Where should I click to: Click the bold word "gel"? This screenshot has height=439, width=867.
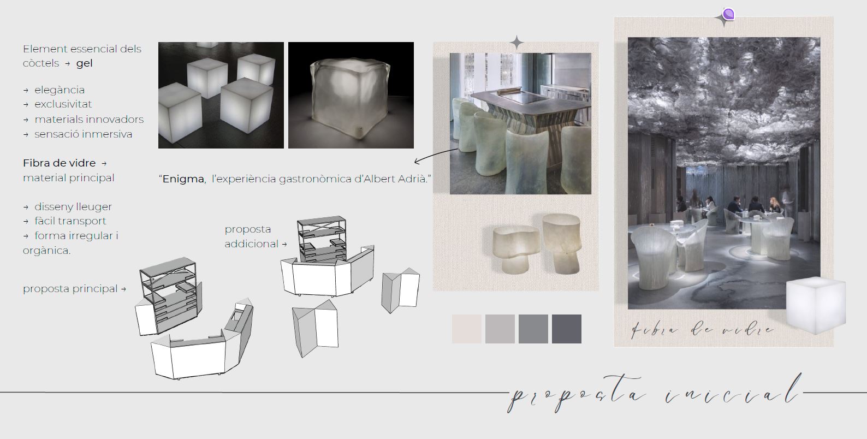85,63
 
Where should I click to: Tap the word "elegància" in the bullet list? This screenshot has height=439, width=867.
60,90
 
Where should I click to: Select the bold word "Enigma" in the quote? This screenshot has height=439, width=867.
183,179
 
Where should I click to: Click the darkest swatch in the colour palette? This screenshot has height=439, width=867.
567,329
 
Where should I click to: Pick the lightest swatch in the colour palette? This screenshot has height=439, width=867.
467,329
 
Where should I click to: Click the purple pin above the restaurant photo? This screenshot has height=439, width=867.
728,14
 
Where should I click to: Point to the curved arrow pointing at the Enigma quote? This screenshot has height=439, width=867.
436,155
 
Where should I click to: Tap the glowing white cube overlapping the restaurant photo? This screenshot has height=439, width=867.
816,305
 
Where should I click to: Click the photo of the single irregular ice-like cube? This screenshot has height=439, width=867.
351,95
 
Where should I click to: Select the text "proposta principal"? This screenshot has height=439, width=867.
70,289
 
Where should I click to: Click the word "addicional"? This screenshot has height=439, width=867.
252,244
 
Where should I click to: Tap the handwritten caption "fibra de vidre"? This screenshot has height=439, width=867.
702,329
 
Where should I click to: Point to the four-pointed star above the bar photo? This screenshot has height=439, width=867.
516,42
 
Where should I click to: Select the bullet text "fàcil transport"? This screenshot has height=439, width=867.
70,221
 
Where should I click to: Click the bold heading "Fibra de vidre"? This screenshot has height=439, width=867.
59,163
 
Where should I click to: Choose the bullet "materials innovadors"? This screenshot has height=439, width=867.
89,119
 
